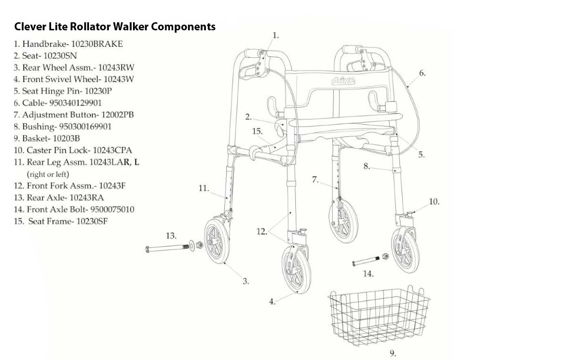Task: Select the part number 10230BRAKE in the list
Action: [x=97, y=44]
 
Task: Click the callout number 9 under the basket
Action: [x=392, y=353]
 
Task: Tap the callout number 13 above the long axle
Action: [x=171, y=235]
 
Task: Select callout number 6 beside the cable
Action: [x=422, y=73]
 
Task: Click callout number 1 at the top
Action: [x=276, y=35]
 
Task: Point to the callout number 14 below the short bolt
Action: [x=368, y=273]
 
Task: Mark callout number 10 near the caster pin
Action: [x=434, y=202]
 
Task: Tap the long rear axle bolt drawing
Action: [x=168, y=247]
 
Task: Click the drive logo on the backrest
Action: [x=343, y=81]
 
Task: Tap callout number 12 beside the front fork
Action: [x=262, y=232]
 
